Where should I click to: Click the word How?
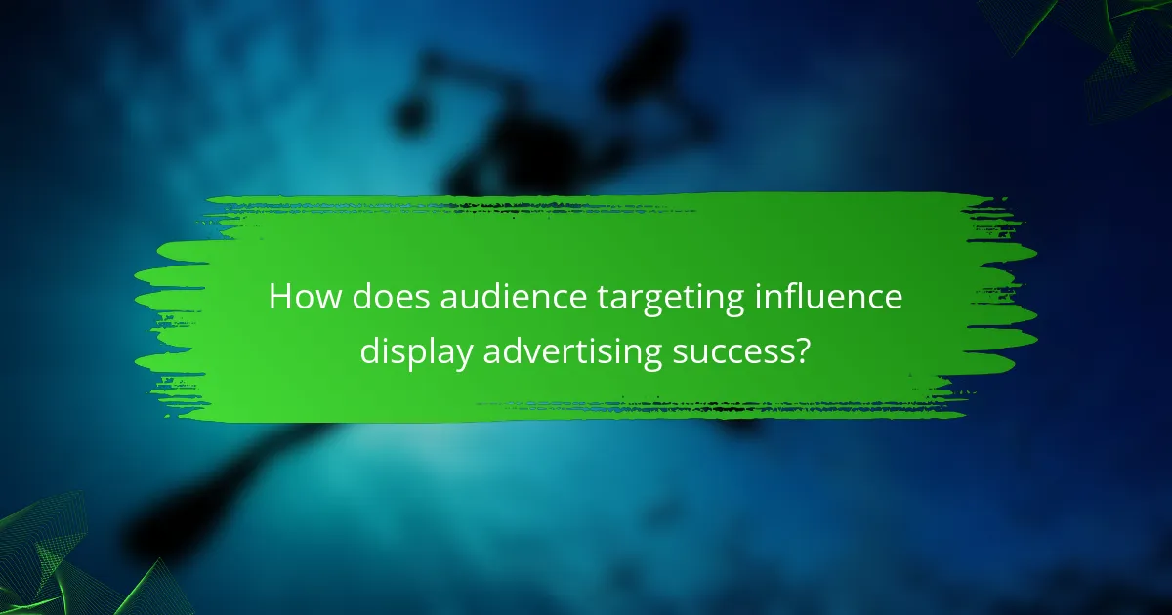(298, 298)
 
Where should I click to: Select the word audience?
(497, 298)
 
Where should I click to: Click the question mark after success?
(801, 348)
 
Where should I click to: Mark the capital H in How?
(279, 298)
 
